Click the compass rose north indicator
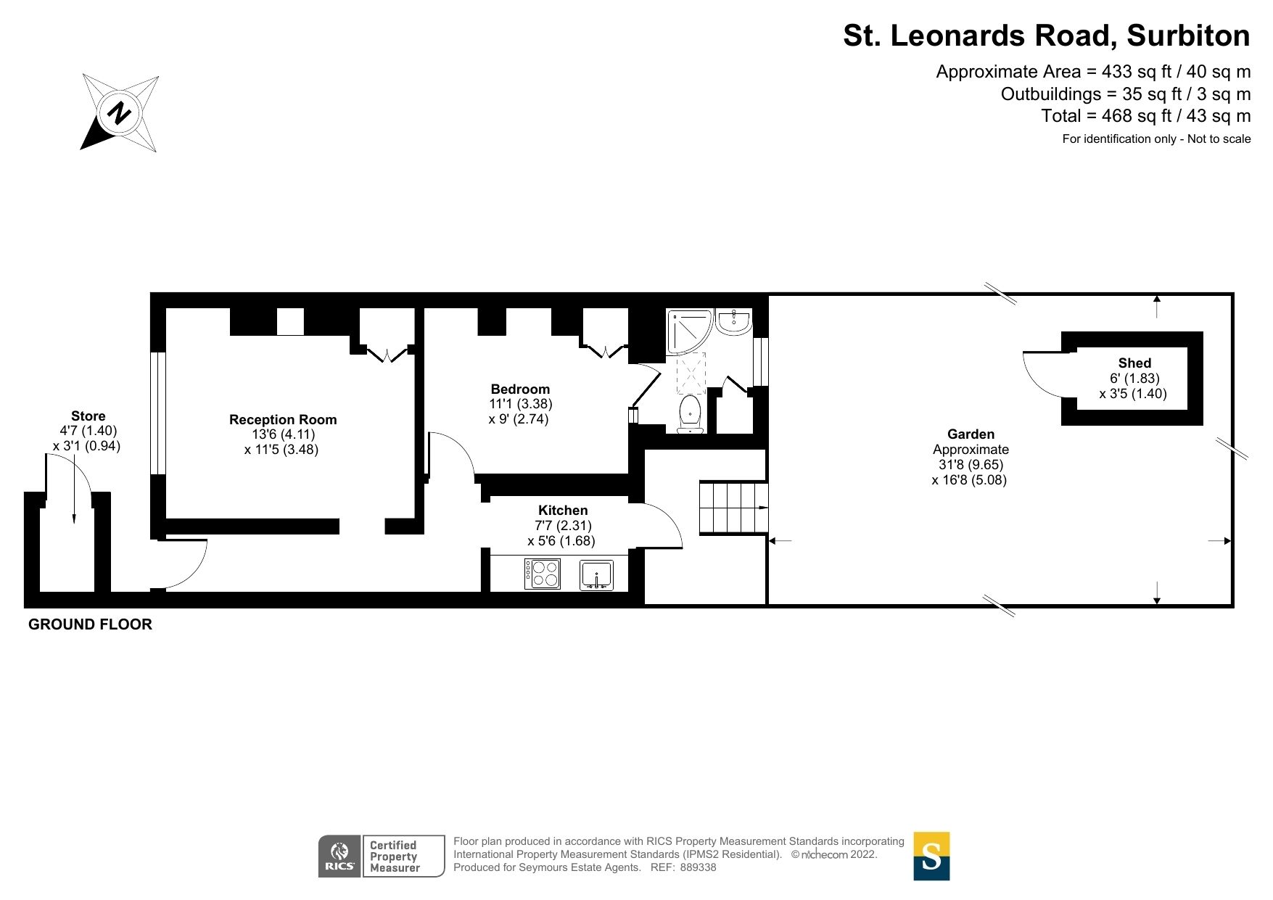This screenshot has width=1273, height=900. click(120, 113)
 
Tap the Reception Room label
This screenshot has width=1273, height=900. click(283, 419)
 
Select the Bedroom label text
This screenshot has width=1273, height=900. click(520, 389)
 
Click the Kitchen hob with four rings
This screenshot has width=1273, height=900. click(543, 574)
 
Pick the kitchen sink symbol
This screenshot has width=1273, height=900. click(596, 575)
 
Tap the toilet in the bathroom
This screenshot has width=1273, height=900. click(690, 413)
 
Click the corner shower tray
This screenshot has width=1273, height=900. click(688, 330)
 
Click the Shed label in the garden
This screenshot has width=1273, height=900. click(1134, 363)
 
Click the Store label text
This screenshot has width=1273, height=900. click(88, 416)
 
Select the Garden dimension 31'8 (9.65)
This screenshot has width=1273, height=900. click(971, 464)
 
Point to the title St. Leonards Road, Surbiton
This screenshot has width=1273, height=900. click(1046, 36)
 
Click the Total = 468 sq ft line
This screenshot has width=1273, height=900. click(1145, 115)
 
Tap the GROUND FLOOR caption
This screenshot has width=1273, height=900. click(90, 624)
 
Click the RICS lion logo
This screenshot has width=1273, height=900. click(339, 856)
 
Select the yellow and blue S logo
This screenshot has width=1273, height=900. click(931, 856)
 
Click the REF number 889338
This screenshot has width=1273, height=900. click(698, 867)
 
